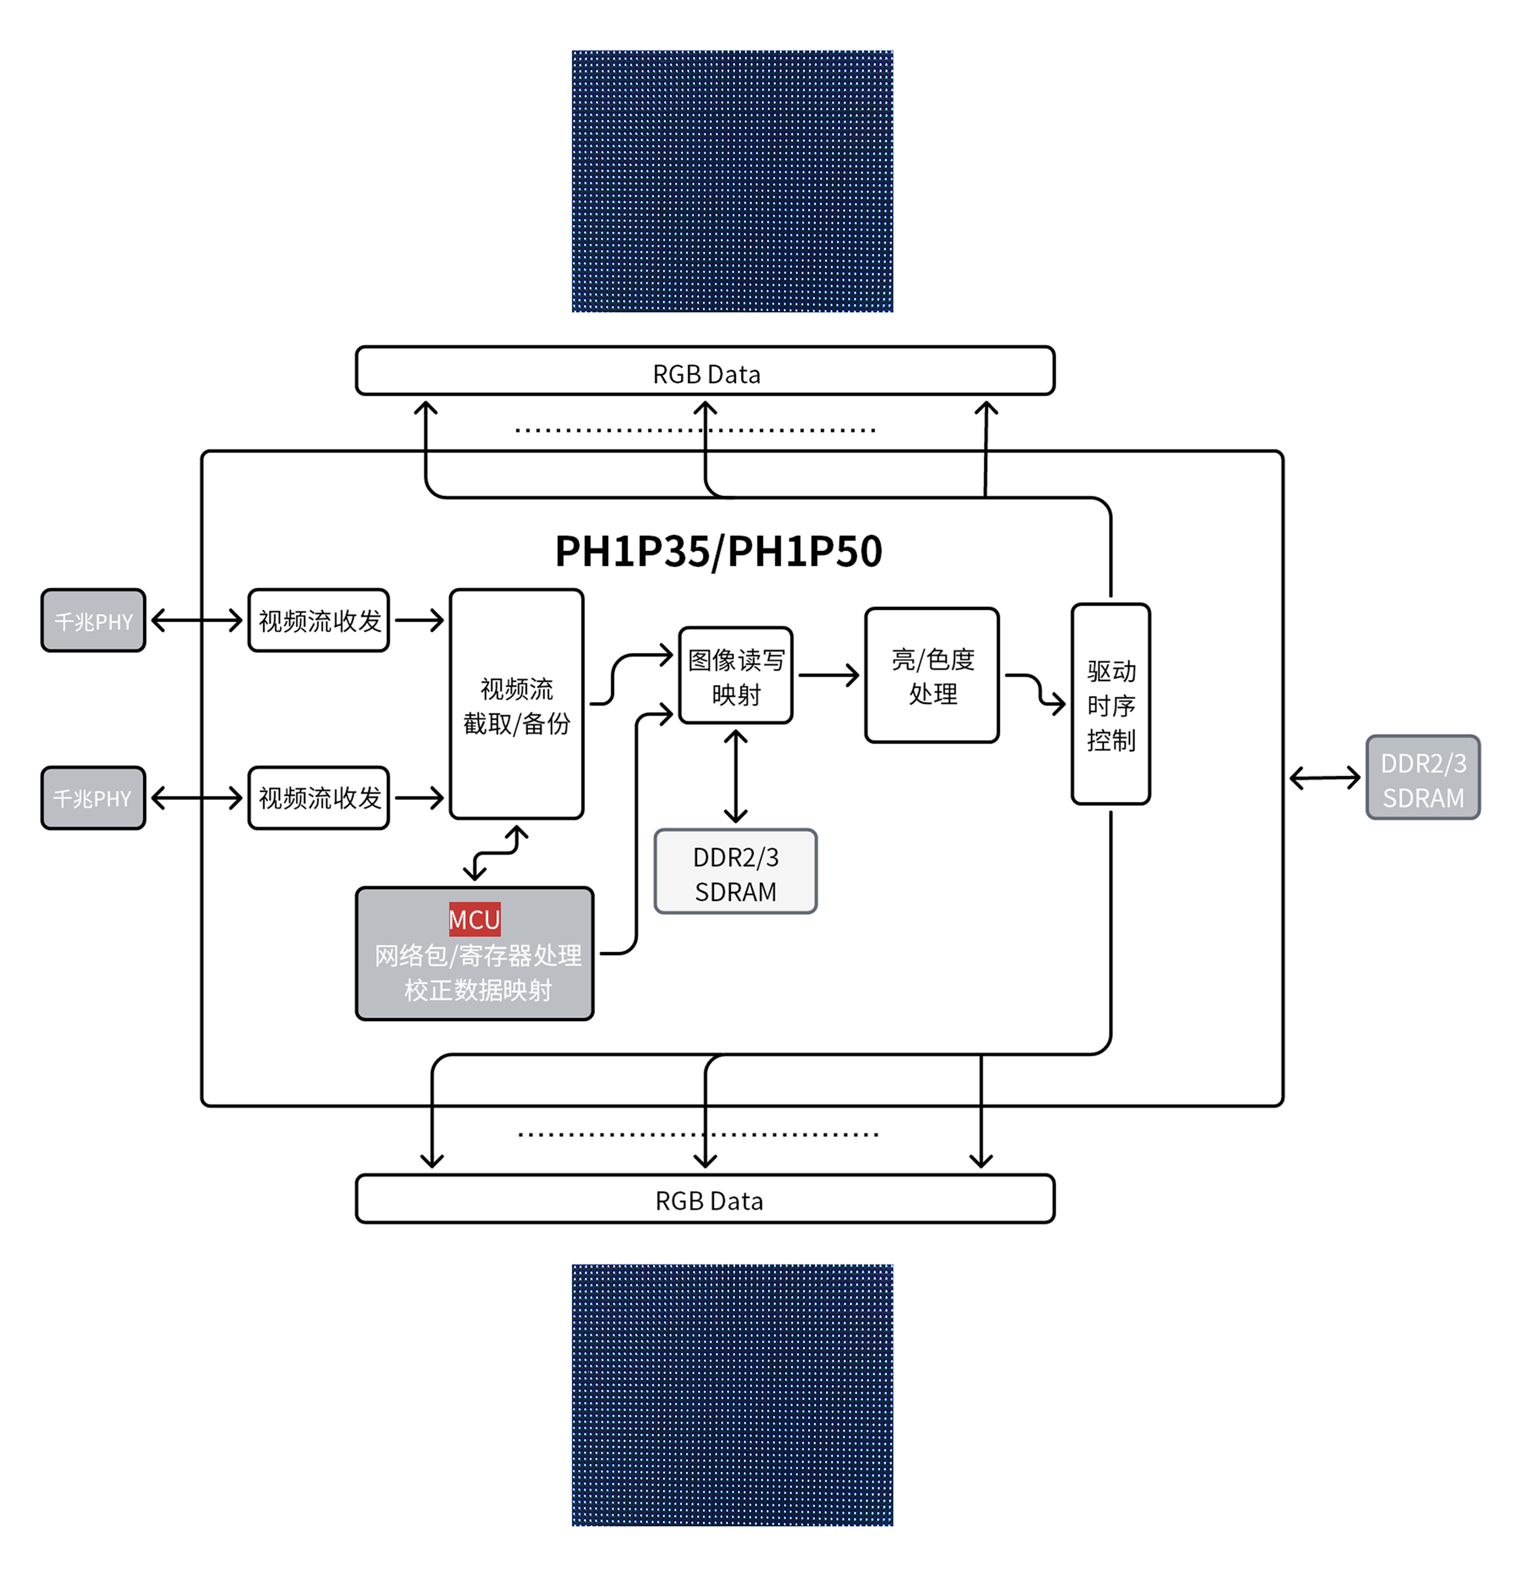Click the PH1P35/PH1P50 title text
(718, 552)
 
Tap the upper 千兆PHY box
(93, 621)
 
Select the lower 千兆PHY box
(93, 798)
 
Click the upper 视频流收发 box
(319, 621)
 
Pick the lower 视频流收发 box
(319, 798)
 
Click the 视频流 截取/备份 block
(516, 704)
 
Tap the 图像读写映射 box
(735, 676)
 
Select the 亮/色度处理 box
(931, 676)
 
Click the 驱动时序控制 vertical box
(1110, 704)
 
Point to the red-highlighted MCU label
(475, 919)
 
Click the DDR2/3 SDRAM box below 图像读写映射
(735, 872)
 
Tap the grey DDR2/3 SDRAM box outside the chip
(1422, 778)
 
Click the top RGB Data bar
(705, 371)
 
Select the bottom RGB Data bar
(705, 1199)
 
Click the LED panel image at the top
(732, 181)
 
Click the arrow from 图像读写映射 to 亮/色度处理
(828, 675)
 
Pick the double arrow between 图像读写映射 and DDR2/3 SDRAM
(735, 776)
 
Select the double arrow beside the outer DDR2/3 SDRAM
(1324, 778)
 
